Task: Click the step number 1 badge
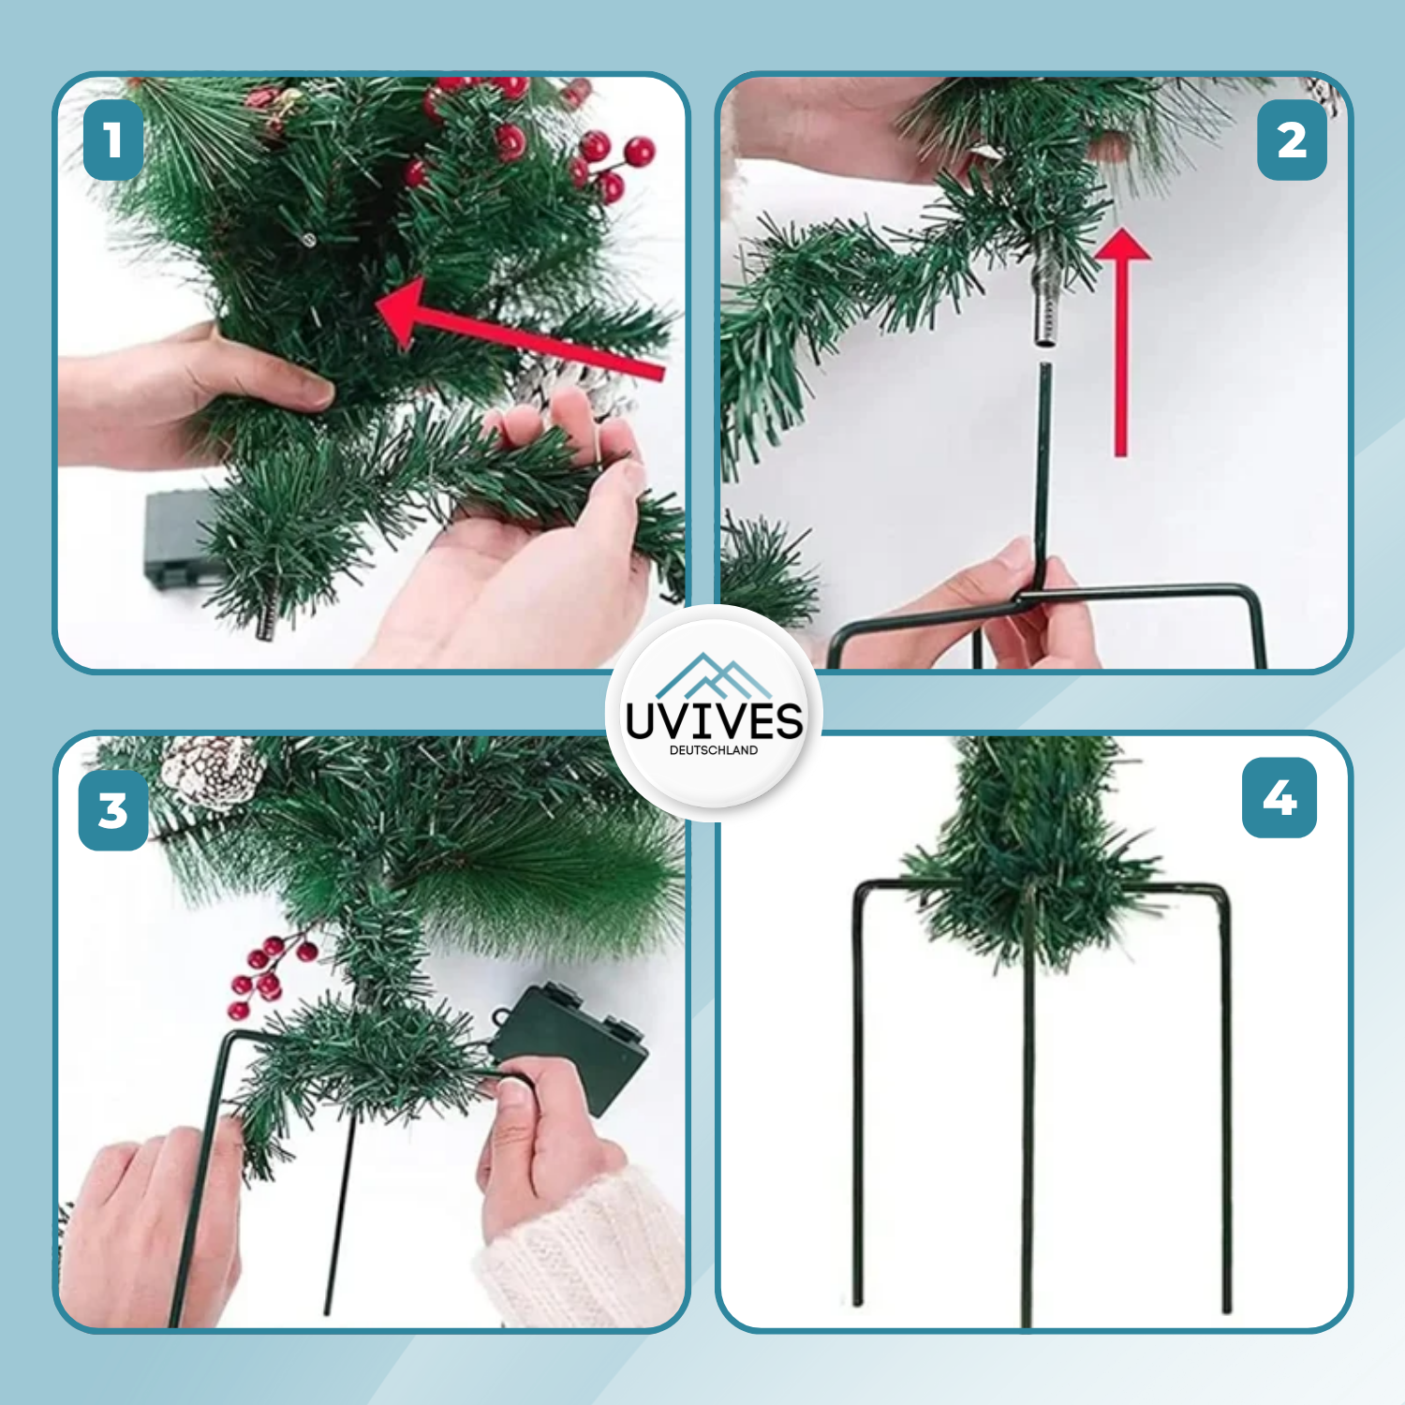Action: point(113,140)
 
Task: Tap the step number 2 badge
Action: point(1292,140)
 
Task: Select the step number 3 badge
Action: point(113,810)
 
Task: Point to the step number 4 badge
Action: point(1279,798)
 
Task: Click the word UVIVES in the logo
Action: point(714,721)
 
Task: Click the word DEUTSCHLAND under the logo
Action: point(714,750)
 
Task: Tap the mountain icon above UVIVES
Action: point(714,676)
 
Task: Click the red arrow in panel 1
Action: point(515,337)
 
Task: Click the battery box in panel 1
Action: point(173,539)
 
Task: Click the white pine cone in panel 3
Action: point(211,770)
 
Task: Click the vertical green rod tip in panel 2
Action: point(1045,375)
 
